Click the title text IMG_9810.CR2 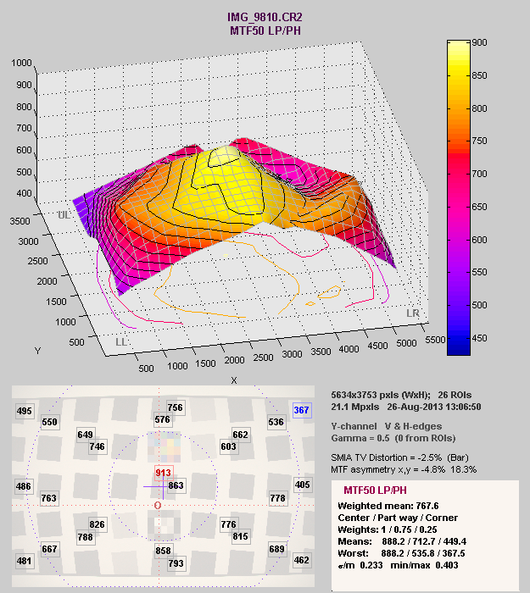[264, 17]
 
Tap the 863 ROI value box [176, 485]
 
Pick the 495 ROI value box [25, 412]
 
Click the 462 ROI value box [302, 560]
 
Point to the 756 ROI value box [176, 407]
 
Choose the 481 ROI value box [25, 561]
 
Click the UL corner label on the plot [64, 215]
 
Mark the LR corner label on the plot [413, 313]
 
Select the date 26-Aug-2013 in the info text [413, 407]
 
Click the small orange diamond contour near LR [310, 303]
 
